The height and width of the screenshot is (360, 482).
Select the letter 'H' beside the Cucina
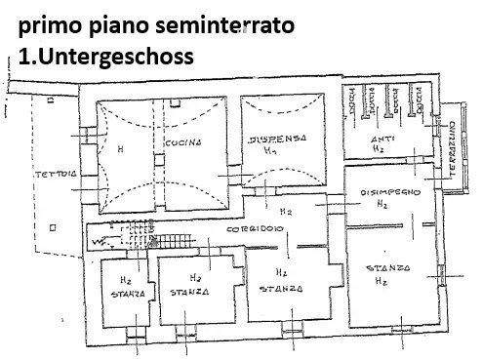pyautogui.click(x=119, y=149)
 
